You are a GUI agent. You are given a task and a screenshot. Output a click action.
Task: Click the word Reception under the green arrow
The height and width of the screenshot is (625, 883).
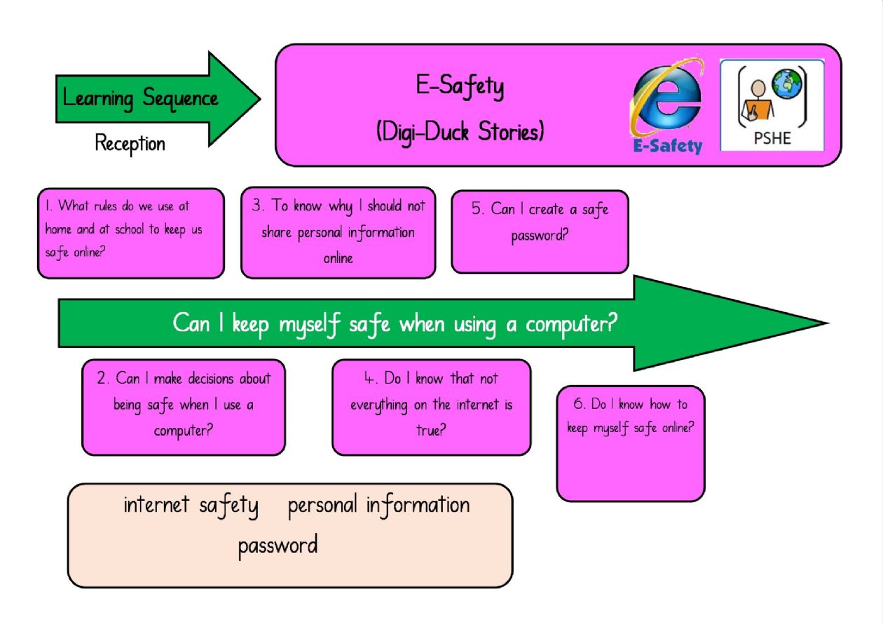(130, 144)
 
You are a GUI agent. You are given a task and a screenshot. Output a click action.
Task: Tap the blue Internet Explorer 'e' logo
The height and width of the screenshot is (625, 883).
(667, 98)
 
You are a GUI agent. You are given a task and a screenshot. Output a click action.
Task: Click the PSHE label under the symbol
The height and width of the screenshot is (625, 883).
(772, 138)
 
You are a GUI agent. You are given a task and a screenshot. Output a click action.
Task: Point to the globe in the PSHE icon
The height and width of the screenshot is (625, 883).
(787, 83)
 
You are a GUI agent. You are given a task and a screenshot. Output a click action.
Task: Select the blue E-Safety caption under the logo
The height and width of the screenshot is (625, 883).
(668, 146)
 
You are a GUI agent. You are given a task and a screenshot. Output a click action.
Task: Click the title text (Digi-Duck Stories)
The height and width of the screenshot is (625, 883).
(460, 131)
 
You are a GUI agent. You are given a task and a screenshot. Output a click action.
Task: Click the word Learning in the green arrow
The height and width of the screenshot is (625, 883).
(98, 99)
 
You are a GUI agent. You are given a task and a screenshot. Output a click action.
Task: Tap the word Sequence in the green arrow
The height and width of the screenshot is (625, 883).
(180, 99)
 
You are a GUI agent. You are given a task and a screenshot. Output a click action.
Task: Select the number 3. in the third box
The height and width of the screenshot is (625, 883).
(258, 205)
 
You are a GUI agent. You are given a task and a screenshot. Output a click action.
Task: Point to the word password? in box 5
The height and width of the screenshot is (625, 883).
(540, 236)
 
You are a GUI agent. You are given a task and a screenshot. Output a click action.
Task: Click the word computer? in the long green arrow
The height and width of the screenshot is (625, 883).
(572, 325)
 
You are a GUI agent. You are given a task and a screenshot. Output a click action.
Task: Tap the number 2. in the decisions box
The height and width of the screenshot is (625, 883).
(102, 378)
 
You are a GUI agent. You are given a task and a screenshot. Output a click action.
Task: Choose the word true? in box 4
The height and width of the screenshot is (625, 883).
(431, 429)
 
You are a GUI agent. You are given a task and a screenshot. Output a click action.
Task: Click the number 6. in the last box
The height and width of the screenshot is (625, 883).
(579, 403)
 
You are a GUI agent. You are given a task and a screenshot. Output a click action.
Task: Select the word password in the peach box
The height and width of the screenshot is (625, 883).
(278, 546)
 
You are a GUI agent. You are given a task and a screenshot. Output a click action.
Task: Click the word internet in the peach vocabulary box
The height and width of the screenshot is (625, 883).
(156, 504)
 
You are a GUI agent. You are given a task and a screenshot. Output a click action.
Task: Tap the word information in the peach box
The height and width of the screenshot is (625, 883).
(418, 505)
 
